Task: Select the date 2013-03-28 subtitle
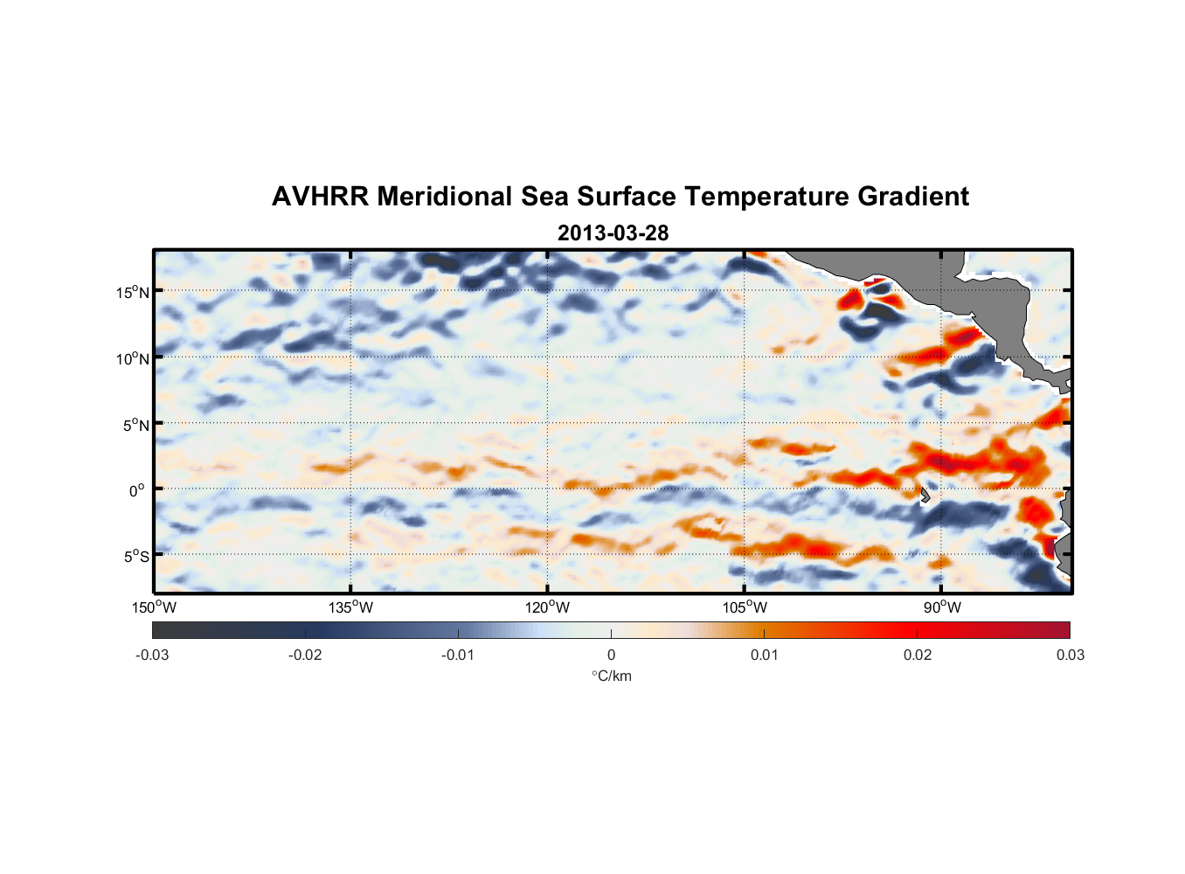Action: (613, 233)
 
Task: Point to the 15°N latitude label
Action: (132, 292)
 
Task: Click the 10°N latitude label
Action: (132, 358)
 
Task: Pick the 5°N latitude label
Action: (135, 425)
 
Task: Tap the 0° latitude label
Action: (137, 491)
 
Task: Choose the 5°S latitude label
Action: (135, 557)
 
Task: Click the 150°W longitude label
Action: (155, 607)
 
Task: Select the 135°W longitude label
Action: (351, 607)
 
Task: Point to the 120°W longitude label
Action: (548, 607)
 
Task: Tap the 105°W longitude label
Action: (745, 607)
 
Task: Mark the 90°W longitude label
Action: (942, 607)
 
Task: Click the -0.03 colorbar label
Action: (152, 655)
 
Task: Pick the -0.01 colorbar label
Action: (458, 655)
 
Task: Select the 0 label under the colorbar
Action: (611, 655)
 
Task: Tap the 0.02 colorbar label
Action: (918, 655)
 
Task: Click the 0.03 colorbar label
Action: (1070, 655)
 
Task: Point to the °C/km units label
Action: (612, 676)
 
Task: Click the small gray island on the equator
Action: (925, 496)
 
